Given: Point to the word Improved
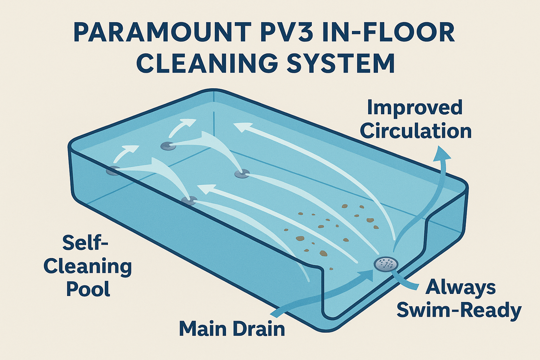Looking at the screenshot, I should (414, 108).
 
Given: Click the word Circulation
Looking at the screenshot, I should (416, 131).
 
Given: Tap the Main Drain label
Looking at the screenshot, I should (232, 329).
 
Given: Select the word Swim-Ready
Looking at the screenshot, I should (459, 310).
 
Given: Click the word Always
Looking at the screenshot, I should (461, 287).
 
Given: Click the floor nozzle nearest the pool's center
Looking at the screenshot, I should (242, 173).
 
